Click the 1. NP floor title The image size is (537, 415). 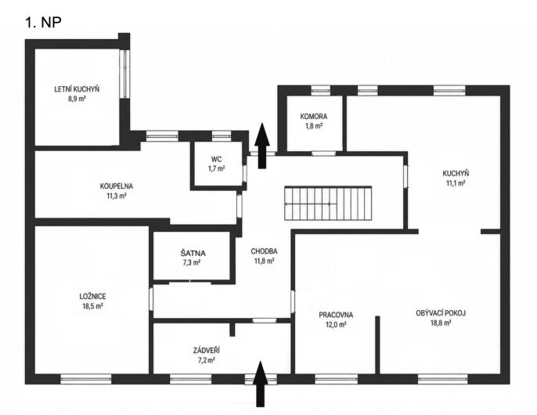click(x=43, y=22)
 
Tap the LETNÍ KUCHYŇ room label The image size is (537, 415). click(x=77, y=89)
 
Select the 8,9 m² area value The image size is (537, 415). click(x=77, y=99)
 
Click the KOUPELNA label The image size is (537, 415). click(x=117, y=186)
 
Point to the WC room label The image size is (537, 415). click(x=216, y=159)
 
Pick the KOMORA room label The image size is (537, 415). click(x=314, y=117)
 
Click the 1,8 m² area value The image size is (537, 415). click(x=314, y=126)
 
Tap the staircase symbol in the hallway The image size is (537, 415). click(x=328, y=204)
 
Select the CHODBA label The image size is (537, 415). click(x=264, y=251)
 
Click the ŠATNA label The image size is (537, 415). click(x=193, y=254)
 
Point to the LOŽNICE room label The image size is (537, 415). click(x=92, y=297)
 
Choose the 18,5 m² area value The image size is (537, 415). click(x=92, y=306)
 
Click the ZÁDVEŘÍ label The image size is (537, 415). click(x=207, y=350)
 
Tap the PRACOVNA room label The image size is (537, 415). click(x=336, y=315)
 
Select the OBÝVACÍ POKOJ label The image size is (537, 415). click(x=441, y=313)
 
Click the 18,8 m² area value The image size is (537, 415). click(x=441, y=323)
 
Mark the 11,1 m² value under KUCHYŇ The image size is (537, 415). click(x=456, y=183)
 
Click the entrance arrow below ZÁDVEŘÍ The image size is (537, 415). click(x=261, y=384)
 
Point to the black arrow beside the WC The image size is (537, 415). click(x=262, y=146)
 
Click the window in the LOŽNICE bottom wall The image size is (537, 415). click(x=86, y=379)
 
